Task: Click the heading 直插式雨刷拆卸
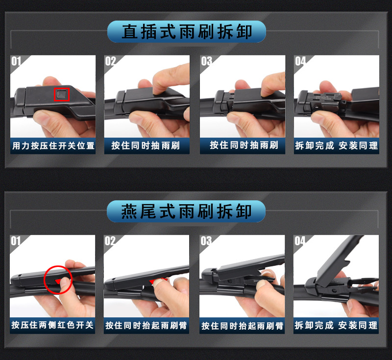[x=187, y=32]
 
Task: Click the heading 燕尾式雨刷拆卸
[x=186, y=212]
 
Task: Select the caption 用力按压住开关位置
[x=53, y=145]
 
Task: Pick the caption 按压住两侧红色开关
[x=52, y=325]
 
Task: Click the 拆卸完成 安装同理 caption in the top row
[x=337, y=145]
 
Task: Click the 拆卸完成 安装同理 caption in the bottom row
[x=336, y=325]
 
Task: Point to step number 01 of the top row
[x=16, y=61]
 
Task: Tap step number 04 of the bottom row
[x=300, y=241]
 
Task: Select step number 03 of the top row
[x=206, y=61]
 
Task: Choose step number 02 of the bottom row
[x=110, y=241]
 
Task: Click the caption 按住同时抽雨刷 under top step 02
[x=146, y=145]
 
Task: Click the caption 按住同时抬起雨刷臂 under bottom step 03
[x=242, y=326]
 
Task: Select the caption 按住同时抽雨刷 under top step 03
[x=244, y=145]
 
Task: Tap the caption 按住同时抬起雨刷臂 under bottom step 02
[x=146, y=326]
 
